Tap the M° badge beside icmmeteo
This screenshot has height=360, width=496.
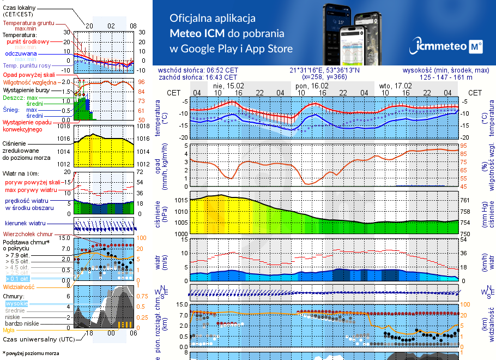click(x=475, y=47)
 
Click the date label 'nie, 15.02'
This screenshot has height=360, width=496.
click(x=228, y=86)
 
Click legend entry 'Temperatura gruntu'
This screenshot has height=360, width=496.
click(x=28, y=23)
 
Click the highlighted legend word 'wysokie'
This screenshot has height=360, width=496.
click(x=16, y=303)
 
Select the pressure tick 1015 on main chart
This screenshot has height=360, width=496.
click(x=181, y=200)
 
